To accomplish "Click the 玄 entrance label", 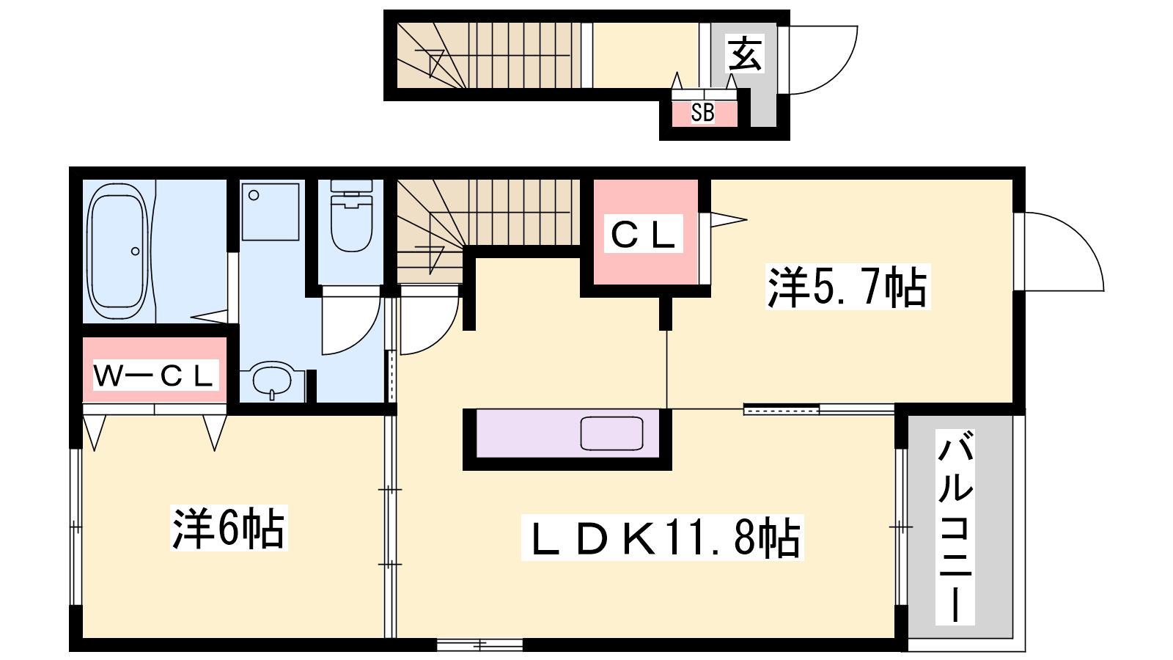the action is tap(745, 54).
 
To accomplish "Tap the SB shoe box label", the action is tap(703, 112).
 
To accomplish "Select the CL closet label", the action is tap(643, 234).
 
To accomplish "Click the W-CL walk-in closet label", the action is tap(155, 375).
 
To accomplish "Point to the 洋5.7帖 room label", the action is tap(847, 287).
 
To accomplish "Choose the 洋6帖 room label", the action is tap(228, 527).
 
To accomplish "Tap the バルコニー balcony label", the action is tap(955, 527).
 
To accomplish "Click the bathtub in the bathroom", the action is tap(117, 252).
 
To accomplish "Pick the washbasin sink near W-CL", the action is tap(271, 379).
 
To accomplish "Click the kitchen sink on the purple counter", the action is tap(611, 433).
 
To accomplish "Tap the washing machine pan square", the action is tap(271, 212).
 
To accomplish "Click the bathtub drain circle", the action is tap(135, 252).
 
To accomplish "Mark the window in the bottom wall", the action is tap(479, 645).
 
